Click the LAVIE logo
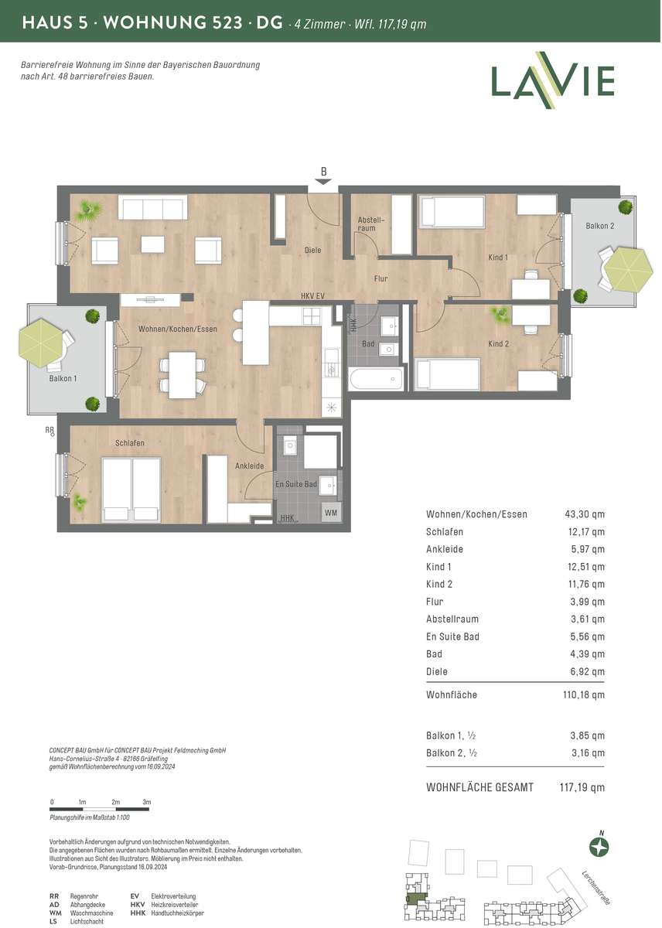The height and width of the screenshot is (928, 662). point(553,80)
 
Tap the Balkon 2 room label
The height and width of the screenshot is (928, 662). point(599,226)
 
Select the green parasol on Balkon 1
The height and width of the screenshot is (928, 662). point(42,342)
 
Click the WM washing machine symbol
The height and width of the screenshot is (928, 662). point(330,513)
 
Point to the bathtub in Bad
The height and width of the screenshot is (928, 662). point(375,378)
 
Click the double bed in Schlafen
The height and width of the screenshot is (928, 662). point(131,490)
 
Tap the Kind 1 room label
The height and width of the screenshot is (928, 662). point(498,258)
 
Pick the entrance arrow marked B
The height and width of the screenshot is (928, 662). point(323,182)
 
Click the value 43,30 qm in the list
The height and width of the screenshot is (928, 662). point(585,514)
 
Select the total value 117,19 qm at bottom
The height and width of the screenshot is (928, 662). point(582,787)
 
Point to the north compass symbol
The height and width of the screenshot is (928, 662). point(599,848)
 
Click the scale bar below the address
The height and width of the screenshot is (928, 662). point(100,808)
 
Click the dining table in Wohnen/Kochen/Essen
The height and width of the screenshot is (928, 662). point(183,375)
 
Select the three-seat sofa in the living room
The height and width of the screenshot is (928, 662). point(152,207)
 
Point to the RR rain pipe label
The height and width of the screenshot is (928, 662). point(49,431)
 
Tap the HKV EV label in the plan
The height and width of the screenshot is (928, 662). point(312,296)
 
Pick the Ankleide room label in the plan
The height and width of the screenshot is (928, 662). point(249,466)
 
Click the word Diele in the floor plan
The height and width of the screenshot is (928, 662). point(312,251)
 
